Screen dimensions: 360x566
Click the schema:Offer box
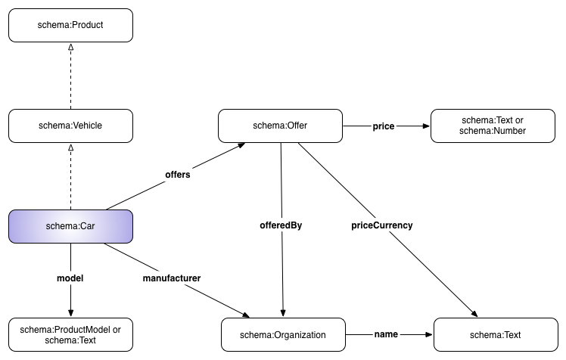280,126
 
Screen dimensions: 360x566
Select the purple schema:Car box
70,227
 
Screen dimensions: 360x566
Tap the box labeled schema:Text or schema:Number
492,126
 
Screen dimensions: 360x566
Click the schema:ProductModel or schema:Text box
70,334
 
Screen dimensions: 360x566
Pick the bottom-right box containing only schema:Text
495,335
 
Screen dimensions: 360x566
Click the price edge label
384,126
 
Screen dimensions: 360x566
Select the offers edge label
178,175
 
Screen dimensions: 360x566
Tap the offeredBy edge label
281,225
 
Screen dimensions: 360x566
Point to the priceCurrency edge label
382,225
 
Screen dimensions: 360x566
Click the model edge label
70,278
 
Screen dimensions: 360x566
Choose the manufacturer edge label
172,278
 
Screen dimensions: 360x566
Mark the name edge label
386,334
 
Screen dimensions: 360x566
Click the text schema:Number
493,131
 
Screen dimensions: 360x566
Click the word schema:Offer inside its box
280,126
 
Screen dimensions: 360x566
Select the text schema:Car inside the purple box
70,227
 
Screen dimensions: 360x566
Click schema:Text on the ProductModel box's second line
70,340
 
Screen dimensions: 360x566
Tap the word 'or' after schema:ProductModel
117,330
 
